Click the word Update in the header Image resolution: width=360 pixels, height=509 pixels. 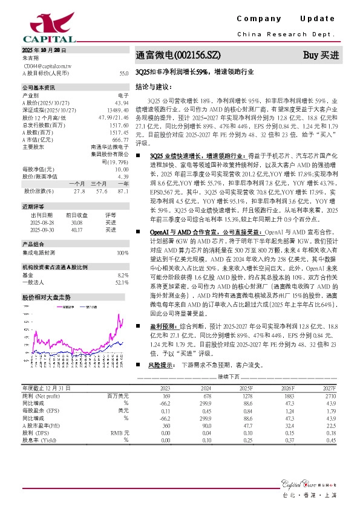pos(318,19)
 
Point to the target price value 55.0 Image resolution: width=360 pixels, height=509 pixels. pos(124,73)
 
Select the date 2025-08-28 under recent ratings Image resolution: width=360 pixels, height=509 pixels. pos(42,205)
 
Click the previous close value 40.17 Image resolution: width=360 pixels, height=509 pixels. pos(76,212)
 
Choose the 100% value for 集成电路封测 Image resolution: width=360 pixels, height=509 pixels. pos(122,236)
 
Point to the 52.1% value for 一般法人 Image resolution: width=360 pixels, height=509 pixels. pos(122,265)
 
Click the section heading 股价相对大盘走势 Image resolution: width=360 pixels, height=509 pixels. pos(47,280)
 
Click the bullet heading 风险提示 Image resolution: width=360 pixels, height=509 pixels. pos(159,366)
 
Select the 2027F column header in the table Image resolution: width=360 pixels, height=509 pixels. pos(329,388)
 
